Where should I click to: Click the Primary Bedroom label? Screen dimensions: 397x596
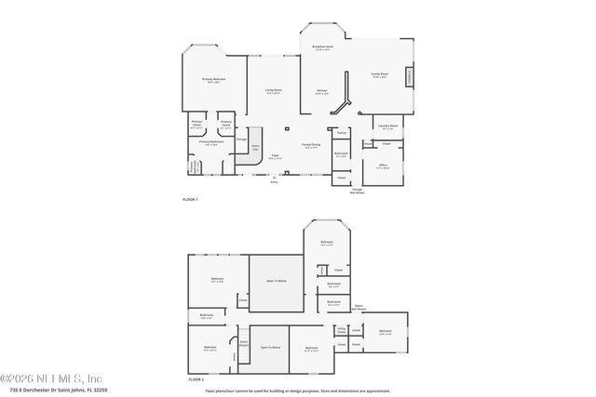coord(213,81)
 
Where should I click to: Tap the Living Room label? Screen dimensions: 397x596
coord(273,91)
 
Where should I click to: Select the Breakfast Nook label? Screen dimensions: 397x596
coord(322,48)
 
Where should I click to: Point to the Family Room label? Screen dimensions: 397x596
coord(379,76)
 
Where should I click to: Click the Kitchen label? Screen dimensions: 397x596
coord(321,91)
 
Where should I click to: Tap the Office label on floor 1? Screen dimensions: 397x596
coord(383,167)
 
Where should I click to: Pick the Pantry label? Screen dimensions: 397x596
coord(342,132)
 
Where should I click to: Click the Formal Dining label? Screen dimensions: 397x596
coord(311,145)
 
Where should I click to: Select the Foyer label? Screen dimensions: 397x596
coord(275,156)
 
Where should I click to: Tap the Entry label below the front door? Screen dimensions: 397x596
coord(274,181)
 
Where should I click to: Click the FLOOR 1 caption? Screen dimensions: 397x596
coord(189,199)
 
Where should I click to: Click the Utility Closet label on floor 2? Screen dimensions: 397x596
coord(341,329)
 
